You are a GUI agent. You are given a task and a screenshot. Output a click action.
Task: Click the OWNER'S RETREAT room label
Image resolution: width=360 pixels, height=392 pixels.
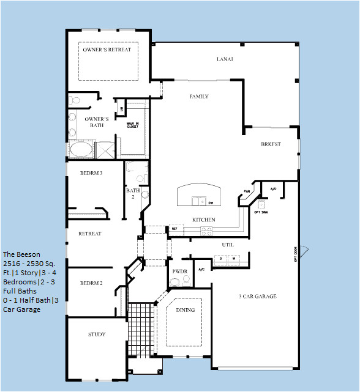click(107, 50)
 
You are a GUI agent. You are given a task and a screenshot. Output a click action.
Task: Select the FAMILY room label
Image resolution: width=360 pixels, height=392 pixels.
click(199, 97)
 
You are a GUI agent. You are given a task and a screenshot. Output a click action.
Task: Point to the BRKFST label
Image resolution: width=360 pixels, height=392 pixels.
click(270, 144)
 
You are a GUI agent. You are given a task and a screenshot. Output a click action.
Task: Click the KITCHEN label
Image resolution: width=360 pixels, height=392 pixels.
click(203, 220)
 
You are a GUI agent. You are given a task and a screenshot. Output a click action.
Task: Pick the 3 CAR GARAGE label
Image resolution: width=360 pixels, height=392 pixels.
click(257, 297)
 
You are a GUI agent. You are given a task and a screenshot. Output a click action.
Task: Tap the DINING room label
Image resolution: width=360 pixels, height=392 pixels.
click(185, 310)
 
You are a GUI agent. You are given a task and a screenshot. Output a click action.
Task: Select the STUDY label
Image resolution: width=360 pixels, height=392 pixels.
click(97, 335)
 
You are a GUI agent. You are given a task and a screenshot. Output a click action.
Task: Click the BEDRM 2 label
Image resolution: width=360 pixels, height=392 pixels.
click(91, 283)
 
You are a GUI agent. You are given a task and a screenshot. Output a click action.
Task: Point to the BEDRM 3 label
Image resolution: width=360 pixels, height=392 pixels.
click(91, 173)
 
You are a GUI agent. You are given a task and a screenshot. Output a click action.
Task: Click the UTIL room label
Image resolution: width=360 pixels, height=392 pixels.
click(228, 245)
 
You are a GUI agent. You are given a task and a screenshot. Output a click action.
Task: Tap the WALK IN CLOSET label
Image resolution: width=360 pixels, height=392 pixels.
click(132, 125)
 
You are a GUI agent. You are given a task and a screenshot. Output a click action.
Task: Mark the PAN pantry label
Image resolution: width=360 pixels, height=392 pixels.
click(248, 191)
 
